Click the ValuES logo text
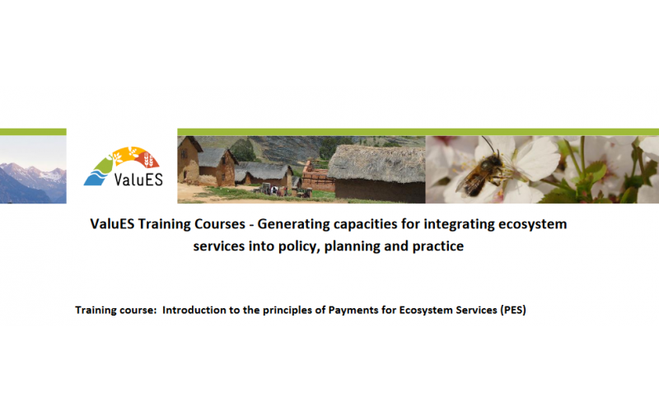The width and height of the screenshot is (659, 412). point(138,179)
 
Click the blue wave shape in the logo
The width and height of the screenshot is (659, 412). point(96,176)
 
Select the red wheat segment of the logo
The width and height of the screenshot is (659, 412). point(149,159)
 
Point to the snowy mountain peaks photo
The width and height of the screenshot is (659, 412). point(33,170)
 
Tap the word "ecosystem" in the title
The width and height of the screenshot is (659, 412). point(532,224)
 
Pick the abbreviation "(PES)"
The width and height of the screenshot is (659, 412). point(512,311)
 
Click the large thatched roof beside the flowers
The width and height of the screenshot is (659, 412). point(376,163)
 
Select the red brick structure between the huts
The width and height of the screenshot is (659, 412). point(317,177)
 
